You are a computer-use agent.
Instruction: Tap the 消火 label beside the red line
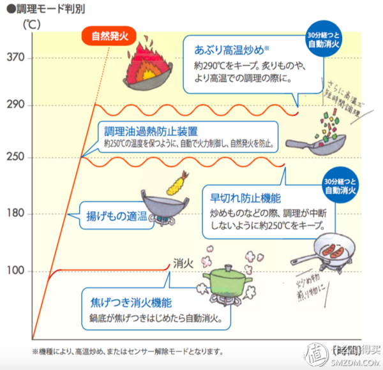coord(183,262)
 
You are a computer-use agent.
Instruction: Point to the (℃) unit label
coord(31,26)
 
